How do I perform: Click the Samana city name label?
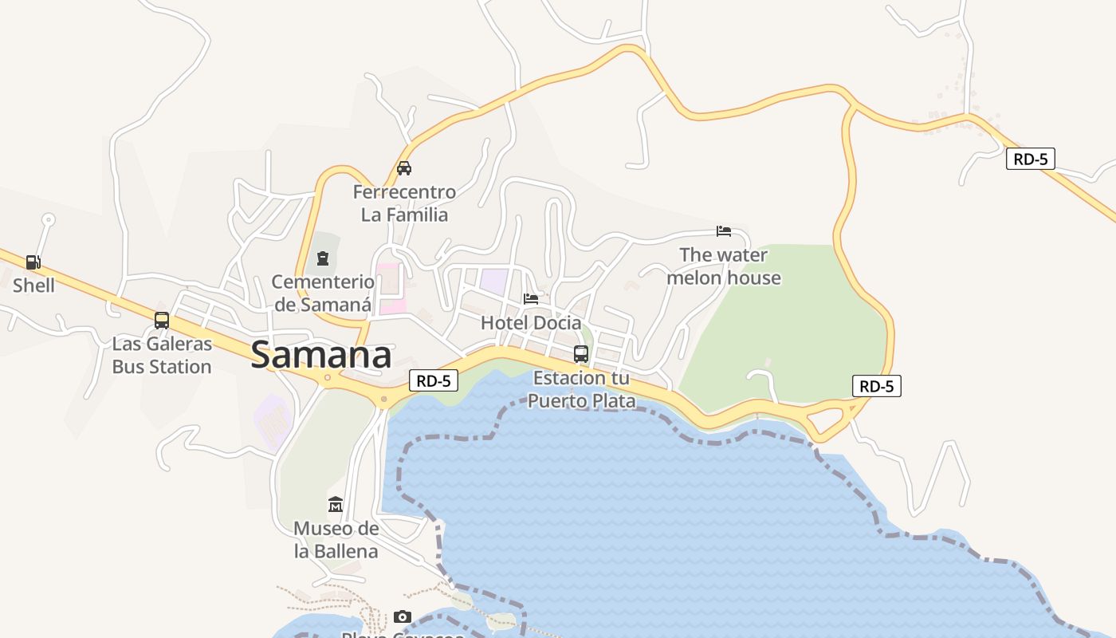[x=321, y=356]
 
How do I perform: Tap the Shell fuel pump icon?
[x=33, y=262]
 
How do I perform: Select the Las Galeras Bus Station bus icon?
[x=162, y=321]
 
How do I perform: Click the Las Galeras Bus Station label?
[x=162, y=356]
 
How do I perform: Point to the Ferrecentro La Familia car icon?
[x=404, y=168]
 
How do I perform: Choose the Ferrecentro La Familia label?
[x=404, y=203]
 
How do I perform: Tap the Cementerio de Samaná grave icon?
[x=323, y=258]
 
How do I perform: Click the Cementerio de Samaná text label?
[x=322, y=293]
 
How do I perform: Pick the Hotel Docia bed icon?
[x=531, y=299]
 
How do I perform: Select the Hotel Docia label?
[x=531, y=323]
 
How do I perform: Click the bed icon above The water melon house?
[x=724, y=231]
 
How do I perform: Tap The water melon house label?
[x=724, y=266]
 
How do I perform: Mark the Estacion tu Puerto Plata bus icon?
[x=581, y=354]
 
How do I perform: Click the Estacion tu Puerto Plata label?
[x=581, y=389]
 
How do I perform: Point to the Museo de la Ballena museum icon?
[x=336, y=505]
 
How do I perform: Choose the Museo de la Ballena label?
[x=336, y=540]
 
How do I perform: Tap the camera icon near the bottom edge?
[x=403, y=616]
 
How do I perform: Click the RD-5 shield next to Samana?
[x=434, y=381]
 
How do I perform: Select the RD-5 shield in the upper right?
[x=1030, y=159]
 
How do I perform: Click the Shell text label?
[x=33, y=286]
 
